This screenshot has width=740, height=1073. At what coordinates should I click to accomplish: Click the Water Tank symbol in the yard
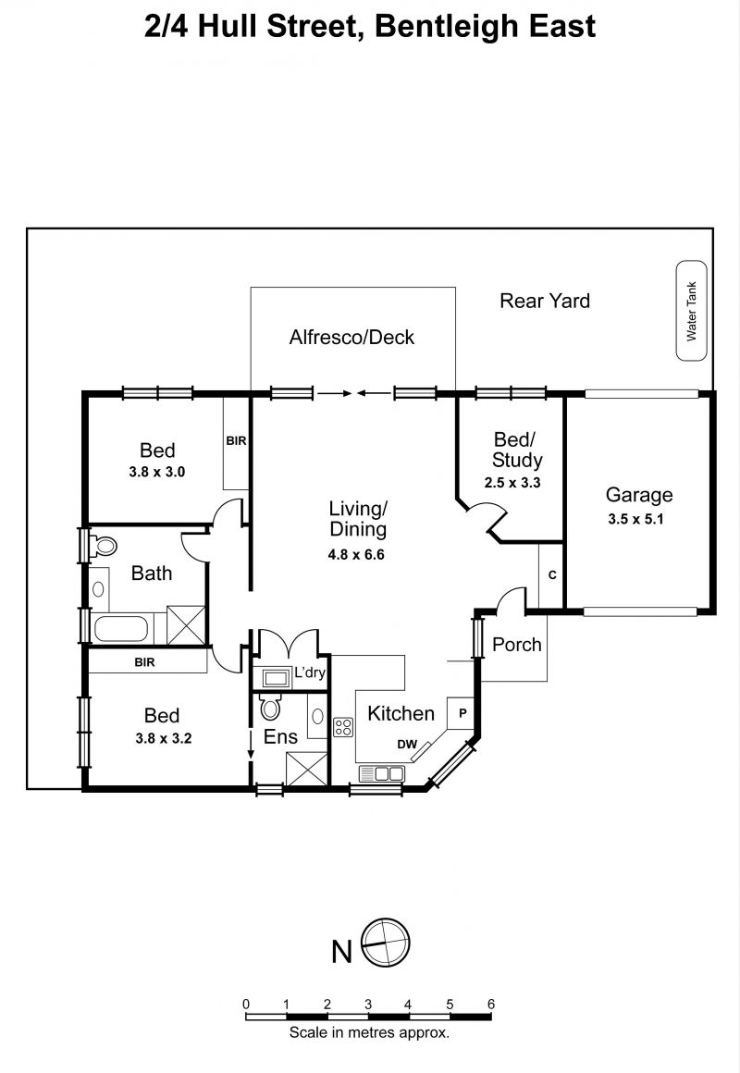click(691, 311)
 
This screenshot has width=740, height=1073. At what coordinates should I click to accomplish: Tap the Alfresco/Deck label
click(351, 337)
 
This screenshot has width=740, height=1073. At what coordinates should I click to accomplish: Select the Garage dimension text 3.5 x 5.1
click(636, 519)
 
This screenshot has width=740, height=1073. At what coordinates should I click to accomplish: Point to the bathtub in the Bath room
click(121, 629)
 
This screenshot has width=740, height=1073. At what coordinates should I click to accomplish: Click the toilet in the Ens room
click(271, 708)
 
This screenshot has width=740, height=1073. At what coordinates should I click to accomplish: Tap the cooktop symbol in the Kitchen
click(343, 727)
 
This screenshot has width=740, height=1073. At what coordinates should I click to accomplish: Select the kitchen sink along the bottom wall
click(382, 773)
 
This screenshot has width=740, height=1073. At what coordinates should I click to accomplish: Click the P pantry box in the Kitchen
click(462, 713)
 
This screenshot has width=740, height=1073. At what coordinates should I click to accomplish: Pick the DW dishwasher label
click(407, 744)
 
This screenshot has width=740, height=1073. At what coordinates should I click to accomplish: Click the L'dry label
click(310, 672)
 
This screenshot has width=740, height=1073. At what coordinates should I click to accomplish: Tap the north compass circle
click(386, 943)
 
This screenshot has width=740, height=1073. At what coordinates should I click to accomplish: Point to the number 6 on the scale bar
click(491, 1004)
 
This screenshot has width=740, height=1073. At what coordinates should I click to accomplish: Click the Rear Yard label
click(545, 301)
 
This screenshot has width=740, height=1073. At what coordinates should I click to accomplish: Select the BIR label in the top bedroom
click(236, 440)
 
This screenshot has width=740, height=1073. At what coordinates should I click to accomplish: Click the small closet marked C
click(551, 574)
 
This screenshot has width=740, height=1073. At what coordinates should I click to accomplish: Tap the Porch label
click(517, 645)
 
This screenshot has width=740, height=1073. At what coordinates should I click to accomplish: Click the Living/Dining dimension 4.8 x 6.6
click(356, 554)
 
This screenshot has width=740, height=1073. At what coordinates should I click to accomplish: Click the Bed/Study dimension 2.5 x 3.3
click(512, 483)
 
